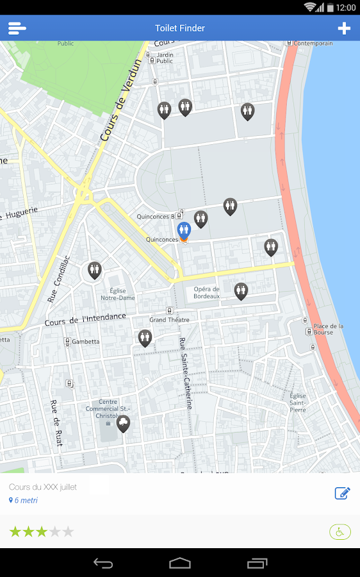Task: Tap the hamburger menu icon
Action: [x=17, y=28]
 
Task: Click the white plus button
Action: [x=344, y=28]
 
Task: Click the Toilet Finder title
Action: [x=180, y=28]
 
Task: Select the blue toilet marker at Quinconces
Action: [x=184, y=230]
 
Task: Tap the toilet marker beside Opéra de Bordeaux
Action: [x=241, y=290]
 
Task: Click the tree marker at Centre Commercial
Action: [x=123, y=422]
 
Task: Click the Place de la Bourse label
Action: [x=328, y=330]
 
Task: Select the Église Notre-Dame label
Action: [x=118, y=294]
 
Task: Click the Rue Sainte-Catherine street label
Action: [x=185, y=373]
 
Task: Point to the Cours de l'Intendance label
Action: [x=86, y=319]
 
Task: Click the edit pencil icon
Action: [x=342, y=493]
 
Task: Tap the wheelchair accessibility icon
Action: [x=340, y=531]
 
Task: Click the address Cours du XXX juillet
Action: [x=43, y=487]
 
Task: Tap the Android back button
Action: [x=103, y=563]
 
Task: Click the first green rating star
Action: [x=15, y=531]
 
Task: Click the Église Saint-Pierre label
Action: [x=298, y=403]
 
